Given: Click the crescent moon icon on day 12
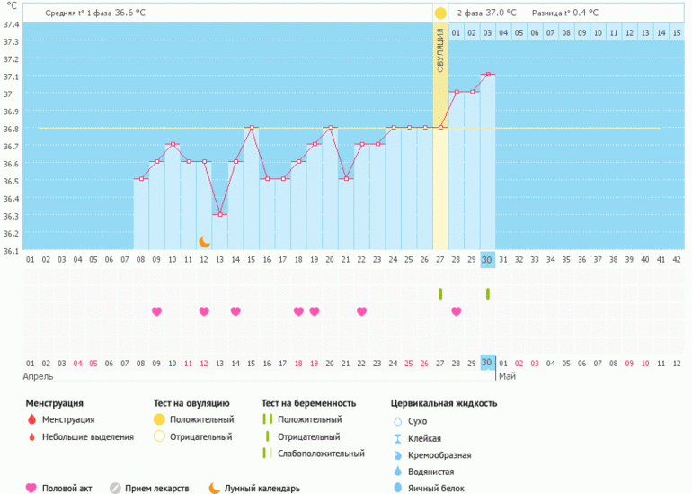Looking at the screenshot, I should (205, 241).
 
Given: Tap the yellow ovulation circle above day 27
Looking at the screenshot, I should (440, 13).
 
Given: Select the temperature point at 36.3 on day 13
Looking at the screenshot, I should (220, 214).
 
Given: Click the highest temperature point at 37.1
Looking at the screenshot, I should (487, 75).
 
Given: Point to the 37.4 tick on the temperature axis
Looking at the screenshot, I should (11, 24).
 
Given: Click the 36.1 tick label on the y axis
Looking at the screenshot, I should (11, 251).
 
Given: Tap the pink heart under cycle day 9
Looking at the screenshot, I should (157, 311).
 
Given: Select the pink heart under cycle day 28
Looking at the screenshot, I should (457, 311).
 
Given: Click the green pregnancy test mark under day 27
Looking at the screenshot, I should (440, 293).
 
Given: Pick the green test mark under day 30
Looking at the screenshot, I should (487, 293).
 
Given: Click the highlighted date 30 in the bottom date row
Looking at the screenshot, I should (487, 363).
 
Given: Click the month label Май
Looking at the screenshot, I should (508, 376).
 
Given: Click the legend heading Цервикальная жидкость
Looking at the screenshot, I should (444, 403).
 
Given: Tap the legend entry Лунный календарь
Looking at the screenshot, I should (262, 489).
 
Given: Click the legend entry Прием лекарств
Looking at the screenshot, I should (157, 489).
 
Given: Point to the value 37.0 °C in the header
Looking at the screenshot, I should (500, 13).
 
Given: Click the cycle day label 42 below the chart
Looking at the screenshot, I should (677, 260).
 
